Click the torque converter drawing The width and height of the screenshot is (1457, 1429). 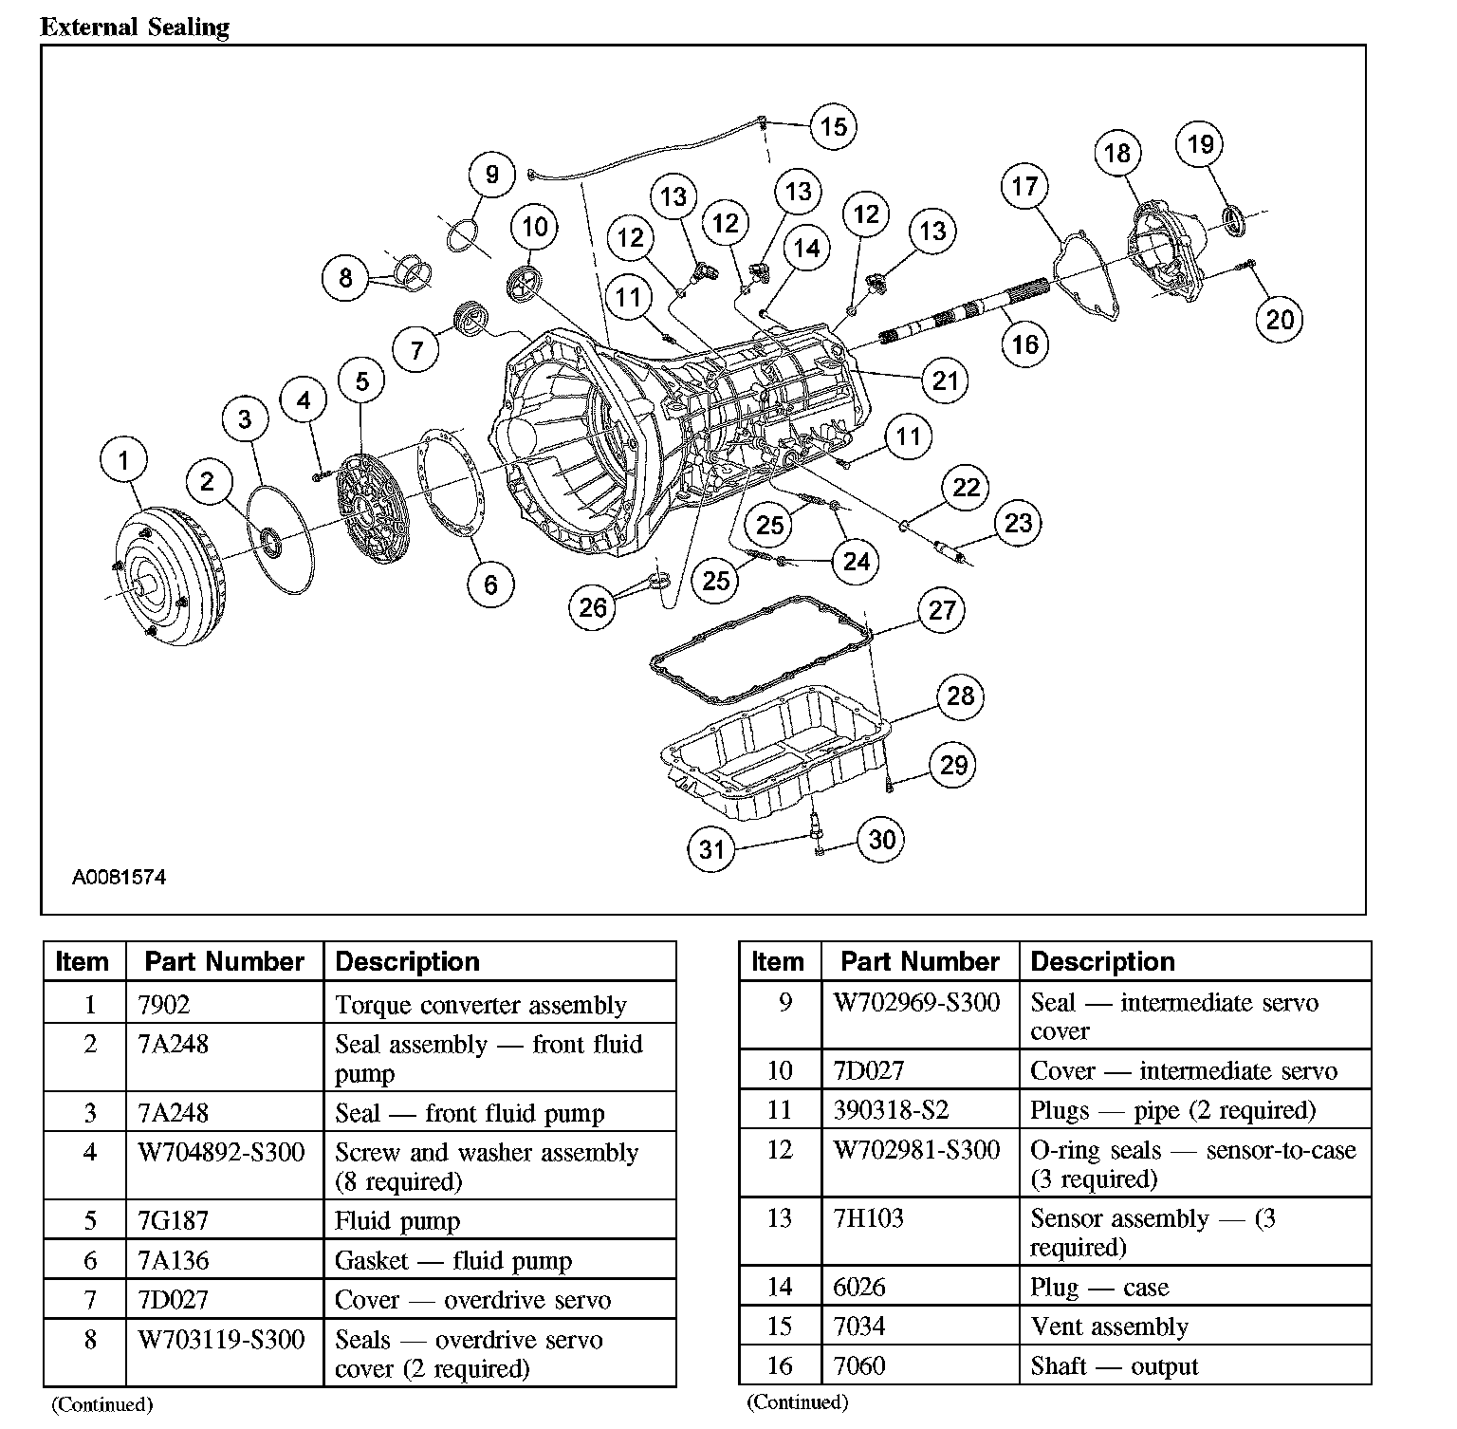tap(171, 578)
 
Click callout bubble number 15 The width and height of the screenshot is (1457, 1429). tap(833, 127)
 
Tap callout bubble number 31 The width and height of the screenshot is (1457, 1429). tap(711, 849)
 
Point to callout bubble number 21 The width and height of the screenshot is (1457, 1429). tap(945, 381)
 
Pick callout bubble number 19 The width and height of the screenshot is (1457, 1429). tap(1200, 144)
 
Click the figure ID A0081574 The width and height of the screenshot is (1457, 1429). tap(119, 878)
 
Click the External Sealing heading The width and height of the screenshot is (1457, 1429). tap(135, 28)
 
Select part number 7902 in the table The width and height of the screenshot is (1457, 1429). tap(164, 1005)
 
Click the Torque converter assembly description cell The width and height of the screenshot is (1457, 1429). tap(481, 1005)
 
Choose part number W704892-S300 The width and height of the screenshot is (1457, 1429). tap(222, 1153)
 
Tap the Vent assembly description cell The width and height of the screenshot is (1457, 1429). tap(1109, 1327)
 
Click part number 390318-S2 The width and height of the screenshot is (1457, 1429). tap(891, 1110)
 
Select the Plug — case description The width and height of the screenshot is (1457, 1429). tap(1099, 1288)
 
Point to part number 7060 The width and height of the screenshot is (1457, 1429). tap(859, 1366)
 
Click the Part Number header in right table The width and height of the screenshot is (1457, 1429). tap(919, 962)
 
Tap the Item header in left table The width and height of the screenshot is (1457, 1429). tap(83, 962)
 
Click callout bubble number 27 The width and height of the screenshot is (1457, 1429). tap(941, 610)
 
